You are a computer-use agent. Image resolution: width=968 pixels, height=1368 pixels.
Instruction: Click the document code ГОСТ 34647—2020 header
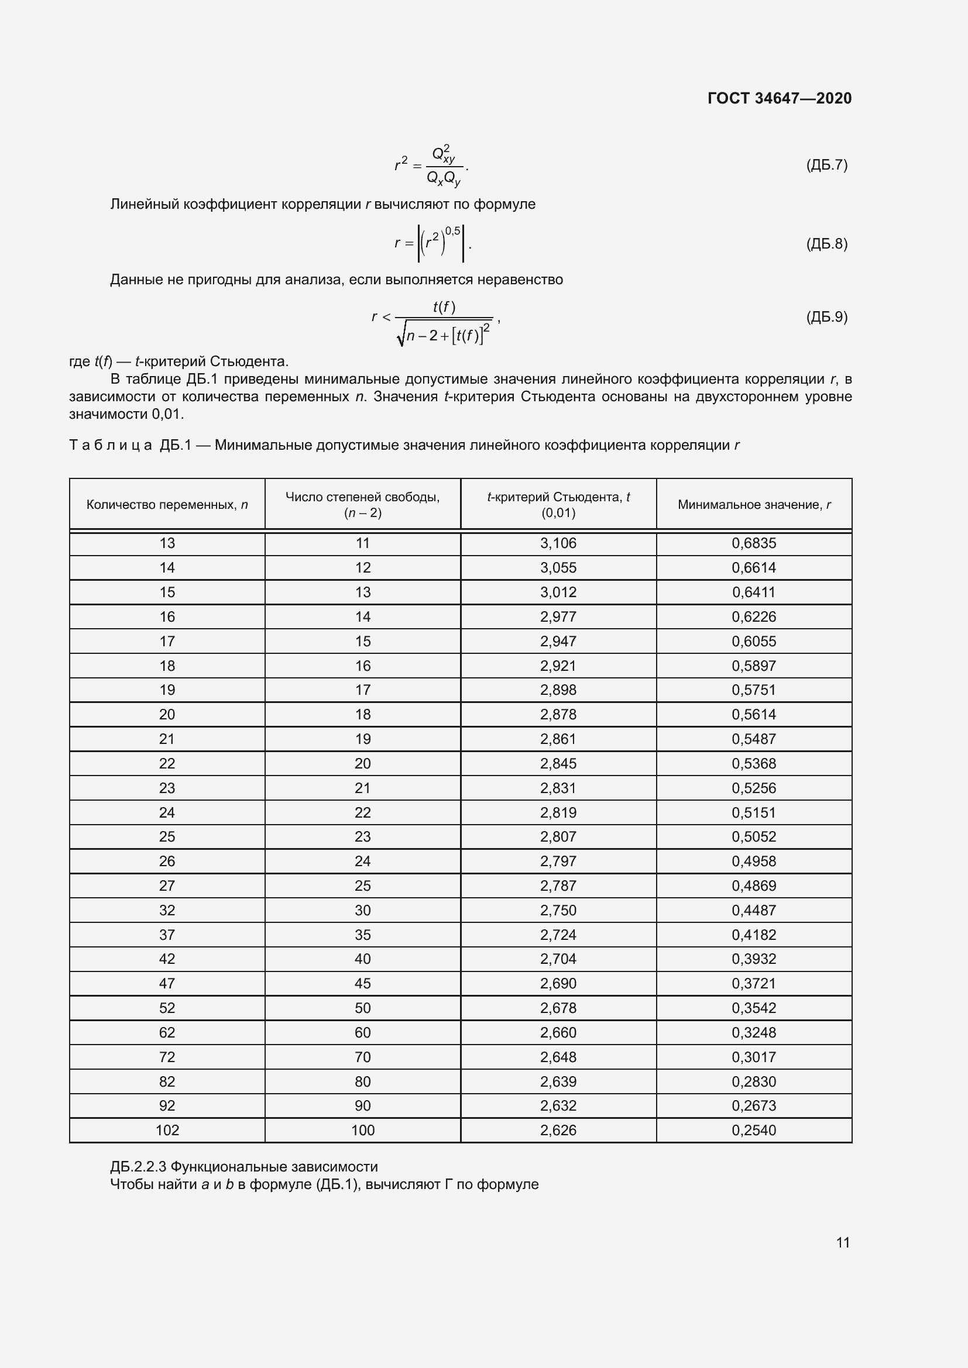(x=779, y=98)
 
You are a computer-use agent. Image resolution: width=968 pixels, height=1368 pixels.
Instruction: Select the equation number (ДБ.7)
(x=826, y=165)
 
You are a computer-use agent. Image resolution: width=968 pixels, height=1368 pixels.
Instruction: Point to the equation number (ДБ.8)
(x=826, y=244)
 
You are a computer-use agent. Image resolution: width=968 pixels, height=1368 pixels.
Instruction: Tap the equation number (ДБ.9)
(x=826, y=317)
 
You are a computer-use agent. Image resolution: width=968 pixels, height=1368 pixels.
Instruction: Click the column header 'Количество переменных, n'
(x=167, y=505)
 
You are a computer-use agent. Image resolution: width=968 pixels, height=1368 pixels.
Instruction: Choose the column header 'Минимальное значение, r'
(x=754, y=505)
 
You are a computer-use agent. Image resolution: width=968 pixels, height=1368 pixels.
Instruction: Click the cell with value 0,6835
(x=754, y=543)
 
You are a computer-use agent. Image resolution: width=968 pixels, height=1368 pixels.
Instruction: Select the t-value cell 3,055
(x=558, y=568)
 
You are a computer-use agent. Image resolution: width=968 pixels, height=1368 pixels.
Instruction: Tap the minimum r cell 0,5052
(x=754, y=836)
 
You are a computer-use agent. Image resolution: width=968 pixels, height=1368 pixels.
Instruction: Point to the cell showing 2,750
(x=558, y=910)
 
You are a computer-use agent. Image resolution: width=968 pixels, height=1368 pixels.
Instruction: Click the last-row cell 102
(x=167, y=1131)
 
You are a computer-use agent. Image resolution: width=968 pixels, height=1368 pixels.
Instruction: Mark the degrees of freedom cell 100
(x=362, y=1131)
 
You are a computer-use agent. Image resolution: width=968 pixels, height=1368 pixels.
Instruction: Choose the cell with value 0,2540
(x=754, y=1131)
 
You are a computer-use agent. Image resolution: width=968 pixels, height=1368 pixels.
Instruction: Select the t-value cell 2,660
(x=558, y=1032)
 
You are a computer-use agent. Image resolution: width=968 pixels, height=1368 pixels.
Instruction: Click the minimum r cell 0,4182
(x=754, y=935)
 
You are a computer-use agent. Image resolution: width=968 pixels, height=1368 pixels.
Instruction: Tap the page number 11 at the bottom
(x=843, y=1242)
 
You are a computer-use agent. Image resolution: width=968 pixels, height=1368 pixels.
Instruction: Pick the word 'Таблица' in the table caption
(x=110, y=446)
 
